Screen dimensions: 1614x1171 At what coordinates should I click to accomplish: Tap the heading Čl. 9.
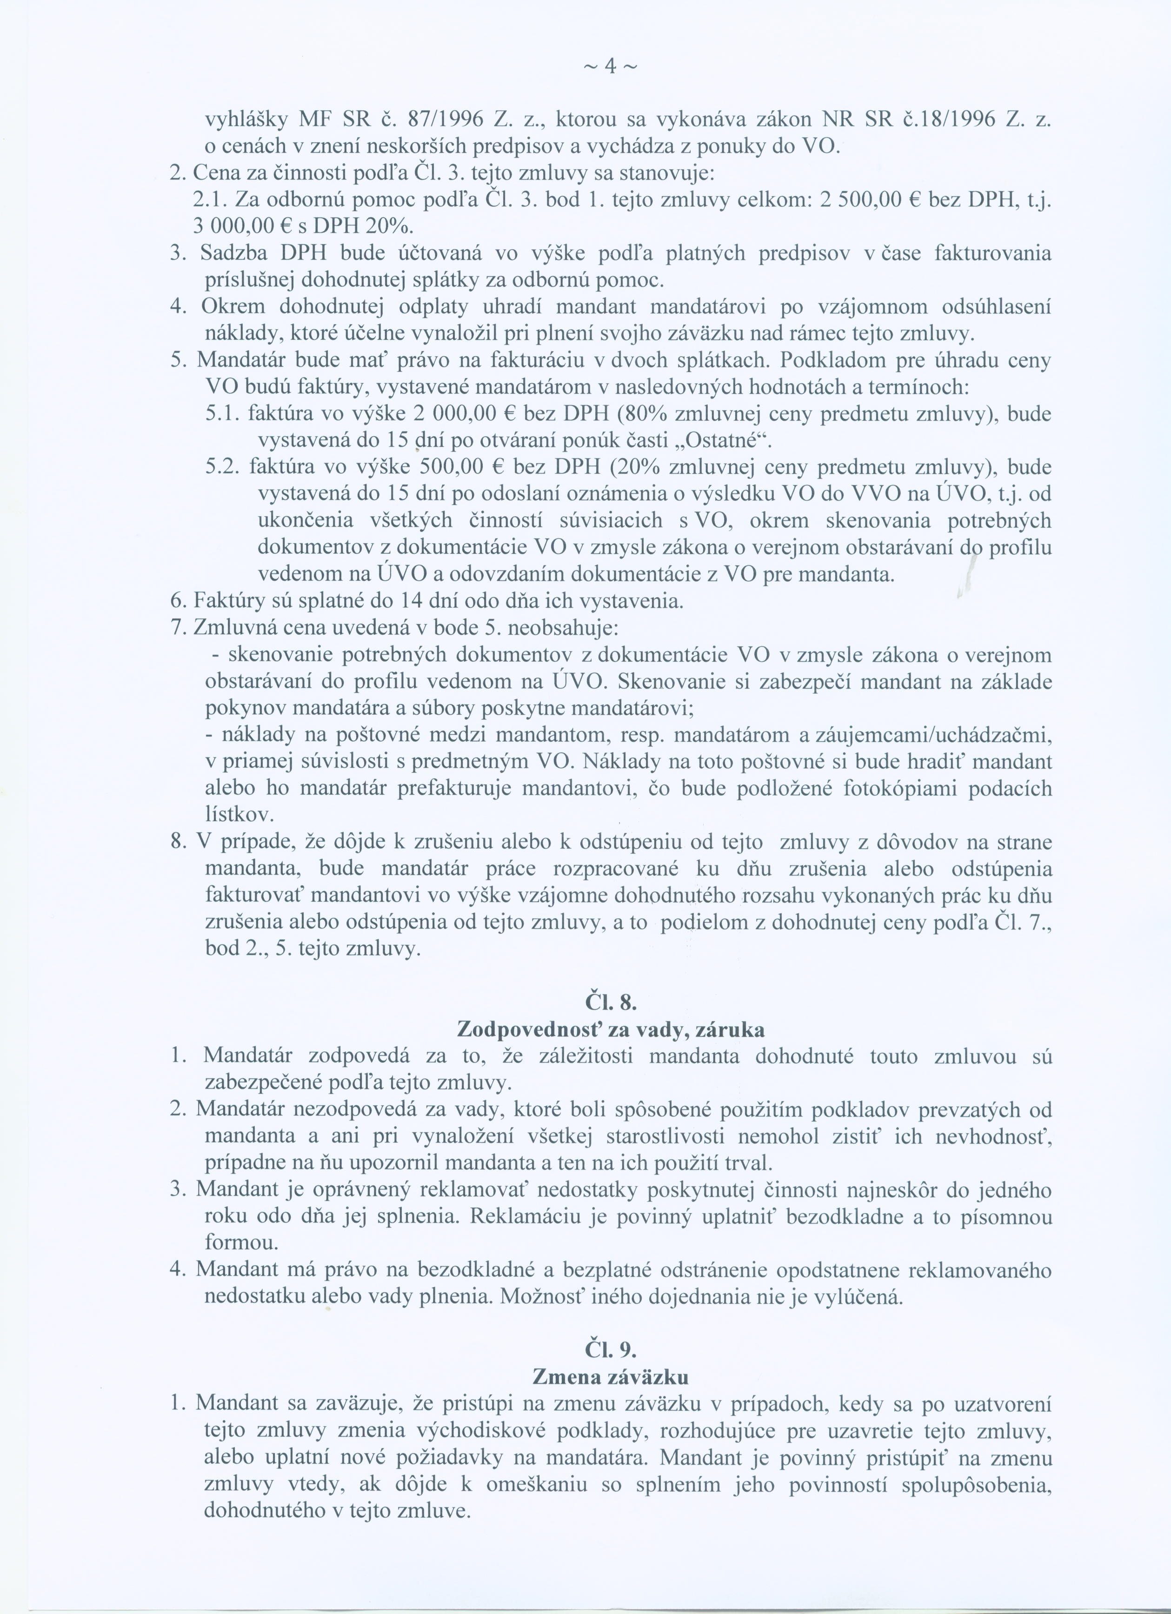click(610, 1350)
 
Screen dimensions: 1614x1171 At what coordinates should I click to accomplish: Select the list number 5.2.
click(224, 467)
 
